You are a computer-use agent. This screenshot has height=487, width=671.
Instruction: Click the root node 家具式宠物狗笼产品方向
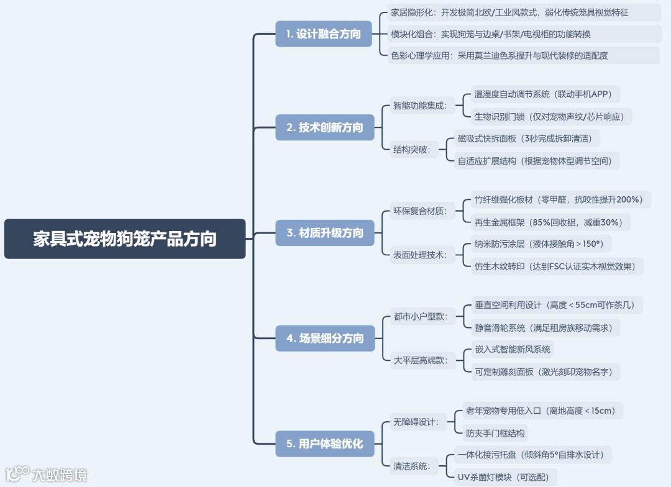click(x=125, y=239)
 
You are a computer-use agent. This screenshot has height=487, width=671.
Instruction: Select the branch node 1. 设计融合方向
click(x=323, y=34)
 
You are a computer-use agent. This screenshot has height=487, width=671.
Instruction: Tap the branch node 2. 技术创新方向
click(x=324, y=127)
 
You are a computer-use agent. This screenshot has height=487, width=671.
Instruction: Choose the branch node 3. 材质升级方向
click(x=324, y=233)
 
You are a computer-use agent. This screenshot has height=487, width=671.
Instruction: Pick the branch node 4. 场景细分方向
click(x=324, y=339)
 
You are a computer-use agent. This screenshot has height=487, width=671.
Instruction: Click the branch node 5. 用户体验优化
click(x=324, y=444)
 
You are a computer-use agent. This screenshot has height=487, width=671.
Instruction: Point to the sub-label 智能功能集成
click(x=420, y=106)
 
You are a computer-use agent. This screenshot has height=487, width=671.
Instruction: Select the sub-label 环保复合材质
click(x=420, y=211)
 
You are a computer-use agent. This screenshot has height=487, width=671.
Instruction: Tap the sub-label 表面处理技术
click(x=420, y=255)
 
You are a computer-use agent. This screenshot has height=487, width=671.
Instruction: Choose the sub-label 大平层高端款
click(x=420, y=360)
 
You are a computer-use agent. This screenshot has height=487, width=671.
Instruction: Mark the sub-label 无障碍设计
click(x=416, y=422)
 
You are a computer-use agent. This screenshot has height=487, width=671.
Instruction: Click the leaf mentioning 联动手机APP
click(x=543, y=94)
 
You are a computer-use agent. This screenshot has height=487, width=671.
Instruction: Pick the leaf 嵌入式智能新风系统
click(x=513, y=349)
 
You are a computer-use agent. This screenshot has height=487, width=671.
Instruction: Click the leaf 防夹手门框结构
click(x=495, y=433)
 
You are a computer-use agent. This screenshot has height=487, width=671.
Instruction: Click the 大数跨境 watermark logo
click(x=46, y=475)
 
